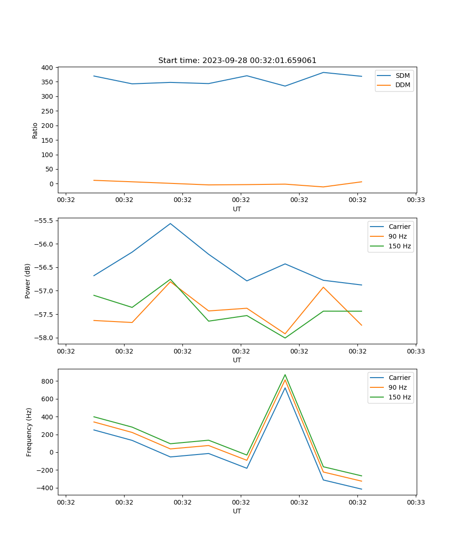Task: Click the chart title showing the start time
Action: point(237,61)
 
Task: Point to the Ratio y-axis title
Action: point(35,131)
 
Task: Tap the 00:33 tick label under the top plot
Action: point(415,200)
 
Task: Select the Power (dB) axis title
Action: point(28,281)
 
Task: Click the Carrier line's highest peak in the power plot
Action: point(170,224)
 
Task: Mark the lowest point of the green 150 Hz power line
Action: point(285,338)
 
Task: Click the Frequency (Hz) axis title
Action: point(29,432)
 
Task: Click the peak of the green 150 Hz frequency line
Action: point(285,375)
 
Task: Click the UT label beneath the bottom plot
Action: point(237,511)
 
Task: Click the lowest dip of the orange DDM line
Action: point(323,187)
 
